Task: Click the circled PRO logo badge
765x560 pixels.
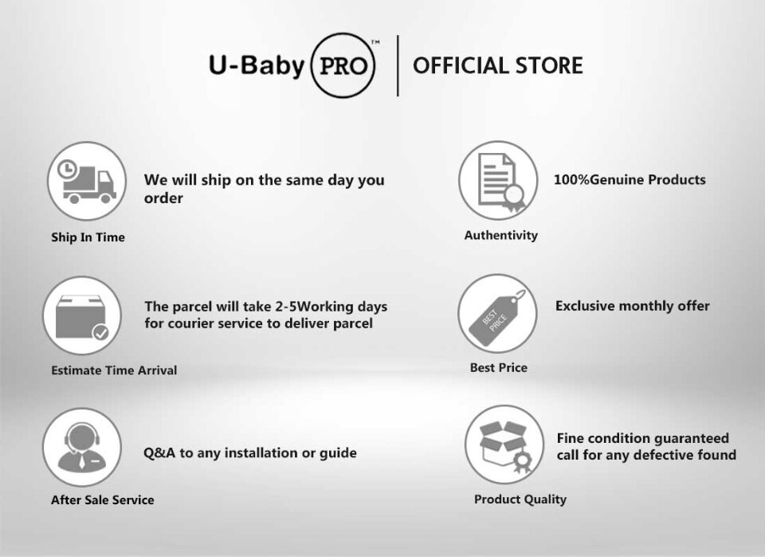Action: pos(343,65)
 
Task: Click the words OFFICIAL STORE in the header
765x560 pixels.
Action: pos(497,66)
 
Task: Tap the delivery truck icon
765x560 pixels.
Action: pos(87,181)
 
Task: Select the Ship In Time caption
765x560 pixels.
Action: pos(88,237)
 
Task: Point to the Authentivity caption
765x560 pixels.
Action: pos(501,235)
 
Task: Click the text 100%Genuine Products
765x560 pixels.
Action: pos(630,179)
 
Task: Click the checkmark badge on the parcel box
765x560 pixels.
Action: pos(101,333)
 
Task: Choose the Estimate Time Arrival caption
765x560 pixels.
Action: pos(114,370)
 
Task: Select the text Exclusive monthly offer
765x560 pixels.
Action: pos(632,306)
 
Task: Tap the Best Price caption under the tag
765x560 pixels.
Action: pos(499,367)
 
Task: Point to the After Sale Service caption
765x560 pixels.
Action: pos(103,500)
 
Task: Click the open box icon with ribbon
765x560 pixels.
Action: pos(504,444)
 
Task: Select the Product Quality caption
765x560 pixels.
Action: pos(520,499)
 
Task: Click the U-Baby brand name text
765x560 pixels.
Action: pos(257,66)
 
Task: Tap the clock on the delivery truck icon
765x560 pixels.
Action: pos(67,169)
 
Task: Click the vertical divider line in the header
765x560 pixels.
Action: pos(398,66)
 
